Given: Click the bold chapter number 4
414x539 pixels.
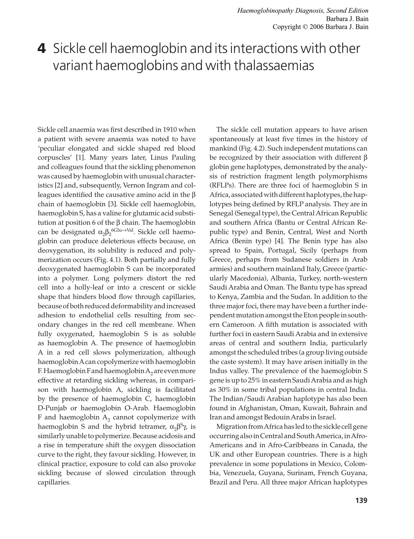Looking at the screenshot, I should pos(41,49).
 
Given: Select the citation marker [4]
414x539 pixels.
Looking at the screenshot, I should pos(279,241).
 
